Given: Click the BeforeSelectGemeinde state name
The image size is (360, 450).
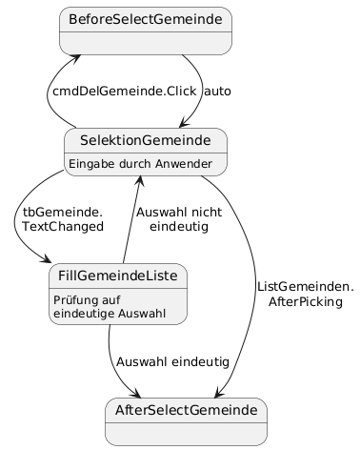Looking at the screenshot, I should pyautogui.click(x=146, y=20).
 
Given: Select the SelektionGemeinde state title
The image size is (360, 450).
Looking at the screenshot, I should pyautogui.click(x=145, y=140).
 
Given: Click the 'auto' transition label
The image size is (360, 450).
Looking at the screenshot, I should pyautogui.click(x=217, y=92).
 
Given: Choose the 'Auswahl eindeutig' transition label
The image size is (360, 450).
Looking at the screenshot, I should pyautogui.click(x=172, y=362).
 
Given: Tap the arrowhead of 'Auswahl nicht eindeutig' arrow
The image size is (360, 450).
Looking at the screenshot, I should pyautogui.click(x=140, y=181).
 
